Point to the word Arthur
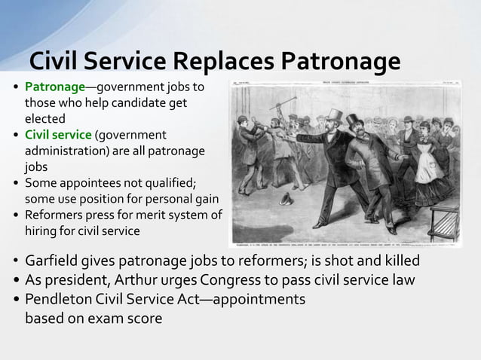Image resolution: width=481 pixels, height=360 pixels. click(127, 279)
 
